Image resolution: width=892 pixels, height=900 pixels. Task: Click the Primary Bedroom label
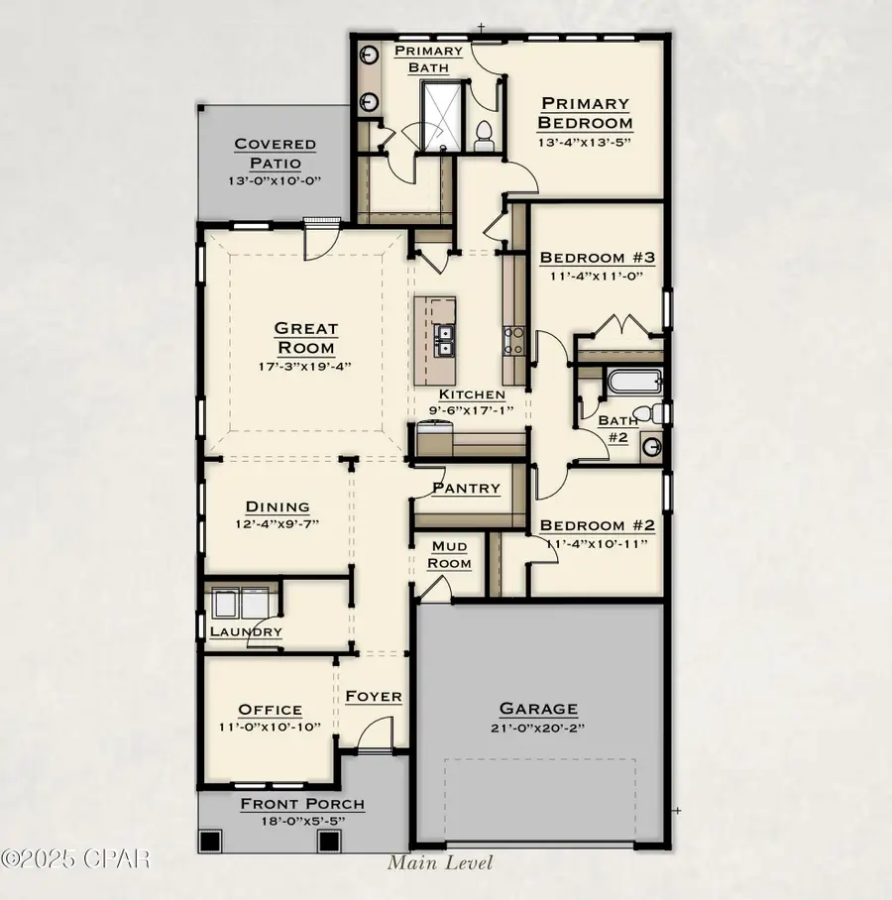[584, 113]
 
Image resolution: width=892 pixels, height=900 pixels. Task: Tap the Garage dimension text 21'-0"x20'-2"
[537, 731]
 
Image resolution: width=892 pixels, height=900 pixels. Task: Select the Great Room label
[306, 338]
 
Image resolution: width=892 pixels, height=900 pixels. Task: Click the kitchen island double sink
[442, 340]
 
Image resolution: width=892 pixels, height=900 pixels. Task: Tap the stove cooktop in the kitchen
[514, 341]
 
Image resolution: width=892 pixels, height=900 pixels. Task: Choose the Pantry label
[466, 489]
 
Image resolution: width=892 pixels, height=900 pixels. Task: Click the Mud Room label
[450, 554]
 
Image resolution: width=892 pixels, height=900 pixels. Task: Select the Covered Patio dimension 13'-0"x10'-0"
[276, 181]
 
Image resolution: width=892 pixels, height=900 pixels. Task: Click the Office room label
[270, 710]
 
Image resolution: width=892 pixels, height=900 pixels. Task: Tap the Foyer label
[374, 697]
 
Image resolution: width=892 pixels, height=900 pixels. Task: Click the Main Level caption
[439, 862]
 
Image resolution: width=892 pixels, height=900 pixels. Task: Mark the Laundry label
[246, 631]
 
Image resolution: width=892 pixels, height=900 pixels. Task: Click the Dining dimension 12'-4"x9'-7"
[277, 524]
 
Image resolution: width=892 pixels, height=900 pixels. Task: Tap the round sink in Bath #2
[650, 447]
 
